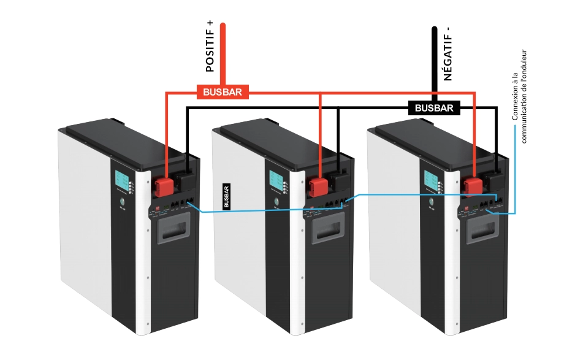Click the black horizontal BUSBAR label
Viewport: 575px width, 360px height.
tap(434, 108)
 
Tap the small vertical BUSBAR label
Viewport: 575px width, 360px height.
tap(226, 196)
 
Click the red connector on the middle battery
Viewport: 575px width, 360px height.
tap(318, 186)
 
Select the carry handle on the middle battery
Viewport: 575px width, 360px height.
tap(327, 234)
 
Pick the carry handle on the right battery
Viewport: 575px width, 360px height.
tap(482, 234)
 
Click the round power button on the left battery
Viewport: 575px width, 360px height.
tap(121, 202)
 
